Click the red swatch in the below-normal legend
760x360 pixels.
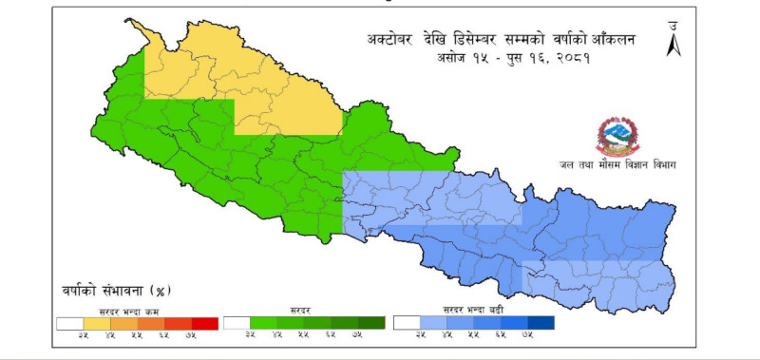point(204,323)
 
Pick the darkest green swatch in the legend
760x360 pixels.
point(371,323)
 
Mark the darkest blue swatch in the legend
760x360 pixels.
point(540,323)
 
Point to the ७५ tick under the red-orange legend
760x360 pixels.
point(191,336)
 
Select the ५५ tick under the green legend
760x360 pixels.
point(303,336)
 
